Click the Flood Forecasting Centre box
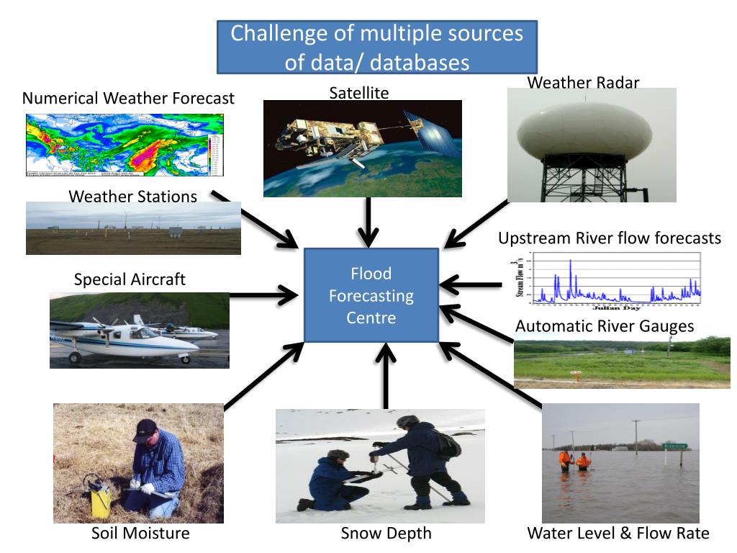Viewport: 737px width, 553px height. pos(371,295)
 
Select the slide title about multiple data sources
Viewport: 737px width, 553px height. pos(377,47)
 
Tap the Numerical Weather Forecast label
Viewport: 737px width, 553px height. pos(128,98)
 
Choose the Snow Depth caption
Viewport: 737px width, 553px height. pos(386,534)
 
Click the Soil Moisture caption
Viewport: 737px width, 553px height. pos(140,534)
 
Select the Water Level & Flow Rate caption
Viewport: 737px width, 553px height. pos(618,534)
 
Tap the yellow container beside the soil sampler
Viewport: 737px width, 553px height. pos(100,498)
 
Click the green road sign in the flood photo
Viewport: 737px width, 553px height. pos(674,446)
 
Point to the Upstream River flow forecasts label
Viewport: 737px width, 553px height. pos(609,238)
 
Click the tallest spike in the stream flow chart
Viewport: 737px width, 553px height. pos(571,264)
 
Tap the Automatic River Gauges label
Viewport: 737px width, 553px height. pos(605,326)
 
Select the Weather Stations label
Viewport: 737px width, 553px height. pos(133,197)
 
